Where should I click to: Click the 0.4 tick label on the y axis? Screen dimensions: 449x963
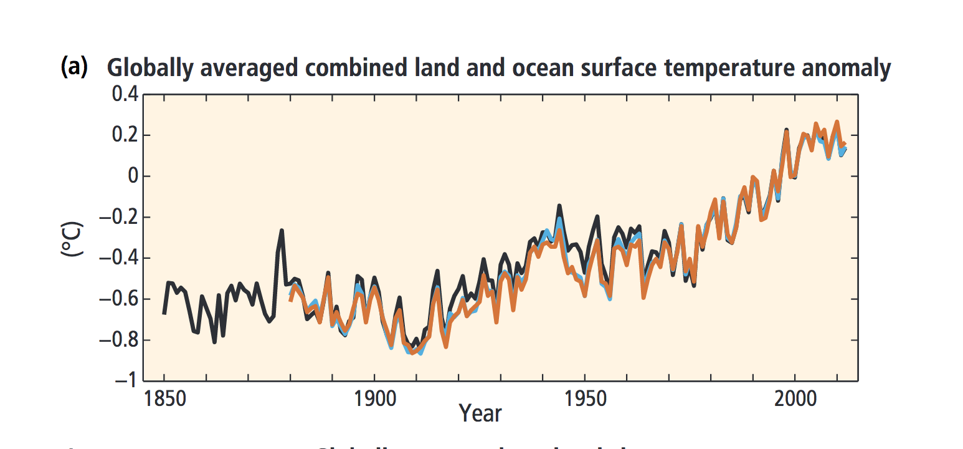[123, 95]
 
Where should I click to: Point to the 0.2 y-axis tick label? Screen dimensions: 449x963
[123, 135]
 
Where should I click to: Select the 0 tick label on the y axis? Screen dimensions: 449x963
[131, 176]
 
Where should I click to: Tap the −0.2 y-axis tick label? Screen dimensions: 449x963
[120, 218]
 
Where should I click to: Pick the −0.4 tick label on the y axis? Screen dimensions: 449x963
[120, 258]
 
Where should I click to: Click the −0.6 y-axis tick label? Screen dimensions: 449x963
[120, 299]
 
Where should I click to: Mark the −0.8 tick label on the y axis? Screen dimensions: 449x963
[120, 340]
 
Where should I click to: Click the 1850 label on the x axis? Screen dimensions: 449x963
[164, 398]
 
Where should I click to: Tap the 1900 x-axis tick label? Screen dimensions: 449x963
[374, 398]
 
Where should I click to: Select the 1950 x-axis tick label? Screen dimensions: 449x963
[584, 398]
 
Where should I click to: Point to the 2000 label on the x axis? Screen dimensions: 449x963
[795, 398]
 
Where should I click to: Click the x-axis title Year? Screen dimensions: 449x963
[480, 412]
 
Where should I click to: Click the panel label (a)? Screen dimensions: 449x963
[74, 67]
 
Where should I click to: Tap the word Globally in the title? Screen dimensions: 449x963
[149, 68]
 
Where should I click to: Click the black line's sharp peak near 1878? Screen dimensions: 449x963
[282, 231]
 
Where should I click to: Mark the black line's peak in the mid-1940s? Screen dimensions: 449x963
[559, 205]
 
